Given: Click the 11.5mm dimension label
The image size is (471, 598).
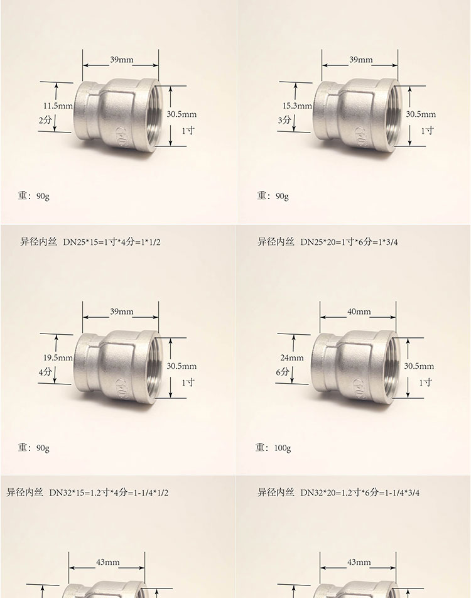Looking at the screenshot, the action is pyautogui.click(x=58, y=106).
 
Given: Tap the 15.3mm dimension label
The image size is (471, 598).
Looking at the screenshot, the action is pyautogui.click(x=297, y=106).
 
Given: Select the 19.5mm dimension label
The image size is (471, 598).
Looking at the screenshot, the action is pyautogui.click(x=58, y=358).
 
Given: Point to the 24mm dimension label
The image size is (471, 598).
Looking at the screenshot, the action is pyautogui.click(x=292, y=358).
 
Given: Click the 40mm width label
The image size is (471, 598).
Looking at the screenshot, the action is pyautogui.click(x=359, y=312).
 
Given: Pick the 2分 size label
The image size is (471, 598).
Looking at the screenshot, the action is pyautogui.click(x=45, y=120).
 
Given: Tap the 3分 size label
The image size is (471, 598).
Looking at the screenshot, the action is pyautogui.click(x=284, y=120).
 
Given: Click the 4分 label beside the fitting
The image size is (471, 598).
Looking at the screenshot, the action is pyautogui.click(x=45, y=371).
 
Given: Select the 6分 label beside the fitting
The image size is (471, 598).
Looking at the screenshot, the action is pyautogui.click(x=283, y=371).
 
